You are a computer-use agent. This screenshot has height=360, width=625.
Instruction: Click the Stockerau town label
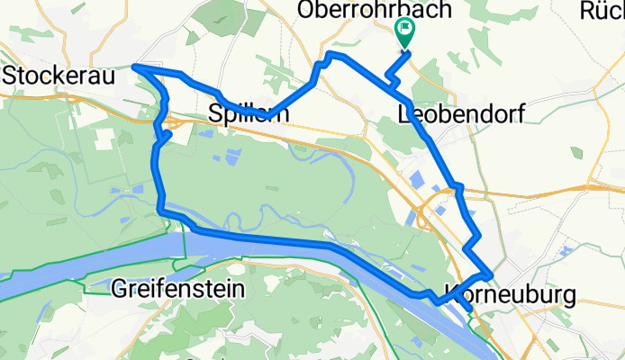[x=59, y=77]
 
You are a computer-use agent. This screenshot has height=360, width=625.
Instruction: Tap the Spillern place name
[x=249, y=114]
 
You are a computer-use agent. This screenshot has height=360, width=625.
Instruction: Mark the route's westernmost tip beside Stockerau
[x=134, y=66]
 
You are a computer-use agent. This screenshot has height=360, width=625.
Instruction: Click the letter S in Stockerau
[x=11, y=77]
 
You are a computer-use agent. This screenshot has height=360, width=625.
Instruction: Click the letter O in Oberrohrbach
[x=306, y=12]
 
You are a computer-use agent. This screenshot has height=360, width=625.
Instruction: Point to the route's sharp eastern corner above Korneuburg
[x=491, y=272]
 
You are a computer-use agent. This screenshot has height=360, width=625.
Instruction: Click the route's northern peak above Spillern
[x=331, y=55]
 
